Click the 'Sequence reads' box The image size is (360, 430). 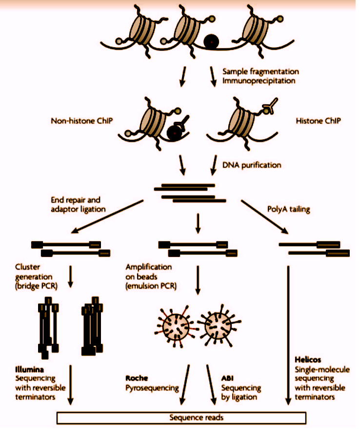pos(181,418)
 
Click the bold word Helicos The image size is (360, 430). pos(307,360)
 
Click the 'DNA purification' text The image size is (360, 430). pos(252,165)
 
